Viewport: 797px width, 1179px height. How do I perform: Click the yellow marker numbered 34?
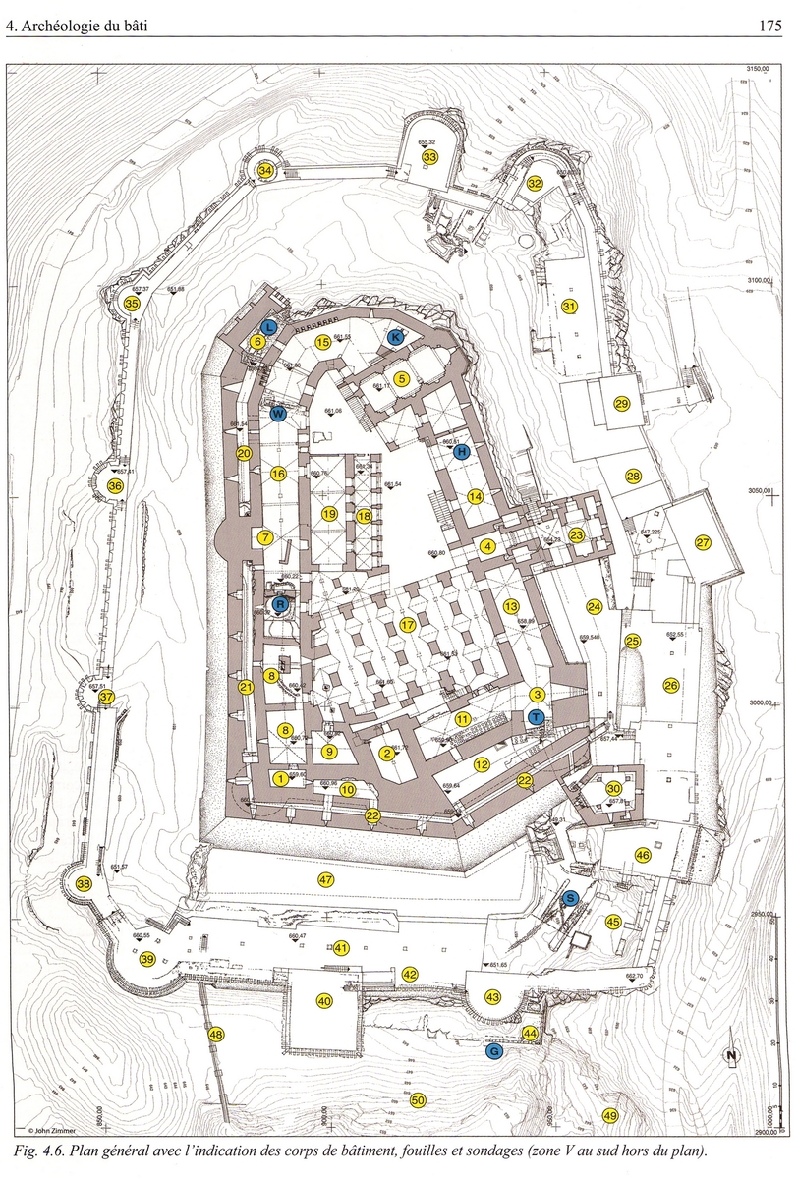(265, 170)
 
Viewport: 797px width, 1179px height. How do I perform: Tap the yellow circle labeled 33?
(429, 157)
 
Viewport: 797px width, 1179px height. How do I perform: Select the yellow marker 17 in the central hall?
(409, 625)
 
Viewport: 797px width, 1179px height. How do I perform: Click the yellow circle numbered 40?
(323, 1001)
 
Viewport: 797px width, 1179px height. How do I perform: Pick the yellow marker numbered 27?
(703, 543)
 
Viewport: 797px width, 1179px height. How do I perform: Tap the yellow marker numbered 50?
(418, 1099)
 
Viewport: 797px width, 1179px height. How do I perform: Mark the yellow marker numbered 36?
(116, 486)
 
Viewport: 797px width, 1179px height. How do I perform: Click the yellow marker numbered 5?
(401, 378)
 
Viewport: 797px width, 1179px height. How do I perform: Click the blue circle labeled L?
(269, 326)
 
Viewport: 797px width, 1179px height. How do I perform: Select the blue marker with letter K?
(395, 337)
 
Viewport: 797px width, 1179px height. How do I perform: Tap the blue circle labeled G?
(494, 1051)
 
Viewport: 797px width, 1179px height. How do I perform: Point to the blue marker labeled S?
(569, 898)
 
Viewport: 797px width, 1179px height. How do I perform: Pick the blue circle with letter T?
(536, 717)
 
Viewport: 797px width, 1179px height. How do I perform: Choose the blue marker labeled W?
(278, 414)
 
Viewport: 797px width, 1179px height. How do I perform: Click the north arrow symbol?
(730, 1056)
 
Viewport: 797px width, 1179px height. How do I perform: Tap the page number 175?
(769, 27)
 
